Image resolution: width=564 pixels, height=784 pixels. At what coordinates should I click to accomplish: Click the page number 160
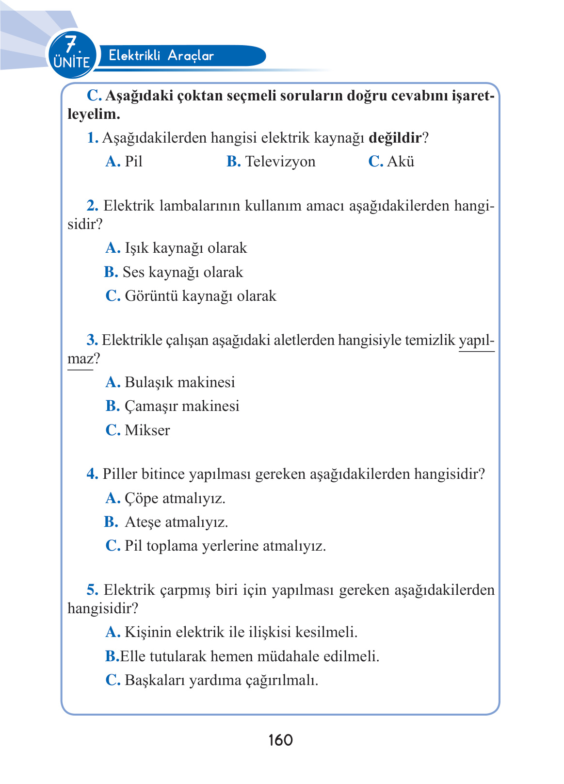[280, 740]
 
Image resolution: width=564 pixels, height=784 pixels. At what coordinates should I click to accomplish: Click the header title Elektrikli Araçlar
[161, 55]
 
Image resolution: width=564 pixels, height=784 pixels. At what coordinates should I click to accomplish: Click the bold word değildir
[395, 138]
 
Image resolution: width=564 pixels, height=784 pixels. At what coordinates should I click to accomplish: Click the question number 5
[92, 590]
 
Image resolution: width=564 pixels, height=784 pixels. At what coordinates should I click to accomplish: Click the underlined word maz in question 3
[80, 359]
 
